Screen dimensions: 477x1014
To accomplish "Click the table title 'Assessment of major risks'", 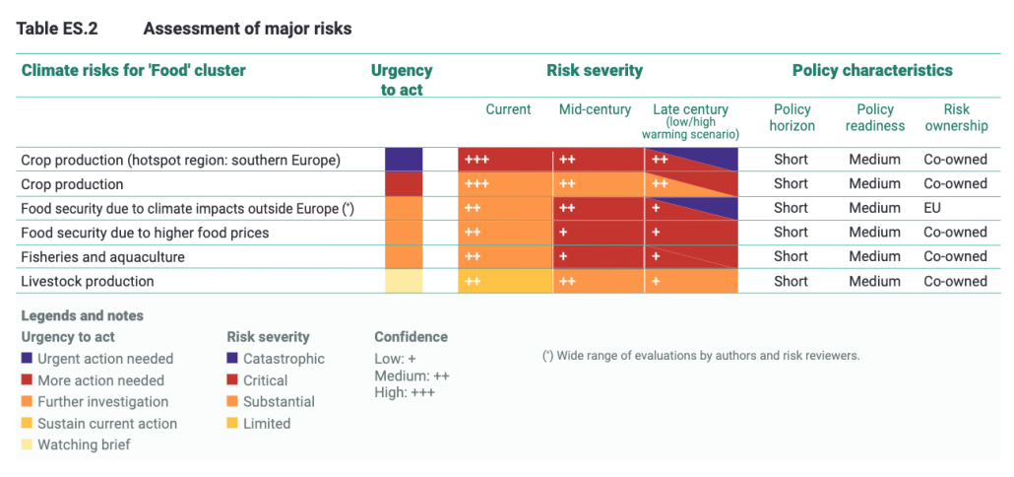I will pyautogui.click(x=247, y=29).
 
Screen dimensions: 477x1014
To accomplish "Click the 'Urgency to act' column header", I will pyautogui.click(x=402, y=80).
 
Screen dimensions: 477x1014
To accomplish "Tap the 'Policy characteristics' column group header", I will pyautogui.click(x=872, y=70).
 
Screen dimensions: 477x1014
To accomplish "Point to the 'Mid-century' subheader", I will pyautogui.click(x=594, y=109).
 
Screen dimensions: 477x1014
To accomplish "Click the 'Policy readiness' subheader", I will pyautogui.click(x=875, y=117).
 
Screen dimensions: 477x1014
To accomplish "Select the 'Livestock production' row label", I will pyautogui.click(x=88, y=281).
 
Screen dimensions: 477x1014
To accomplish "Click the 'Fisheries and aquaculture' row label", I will pyautogui.click(x=102, y=256).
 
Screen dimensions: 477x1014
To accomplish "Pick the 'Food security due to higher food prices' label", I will pyautogui.click(x=145, y=233).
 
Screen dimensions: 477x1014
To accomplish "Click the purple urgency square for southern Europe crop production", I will pyautogui.click(x=404, y=160).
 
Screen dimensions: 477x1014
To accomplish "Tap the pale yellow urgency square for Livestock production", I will pyautogui.click(x=404, y=281).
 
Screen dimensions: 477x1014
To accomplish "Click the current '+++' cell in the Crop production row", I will pyautogui.click(x=477, y=184).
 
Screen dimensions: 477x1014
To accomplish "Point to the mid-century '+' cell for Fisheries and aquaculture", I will pyautogui.click(x=564, y=256).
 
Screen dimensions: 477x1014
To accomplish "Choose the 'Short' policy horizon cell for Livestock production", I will pyautogui.click(x=791, y=281).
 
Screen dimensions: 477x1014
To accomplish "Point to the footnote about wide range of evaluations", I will pyautogui.click(x=701, y=355).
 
